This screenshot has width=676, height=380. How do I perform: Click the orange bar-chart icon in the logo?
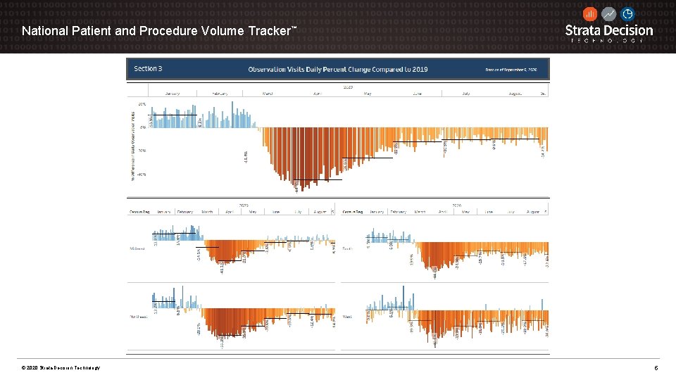(x=590, y=13)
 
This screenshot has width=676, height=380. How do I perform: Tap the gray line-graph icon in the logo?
(x=608, y=13)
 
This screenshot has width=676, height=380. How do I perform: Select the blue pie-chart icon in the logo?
(x=627, y=13)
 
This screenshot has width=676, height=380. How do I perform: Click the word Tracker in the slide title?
(x=268, y=31)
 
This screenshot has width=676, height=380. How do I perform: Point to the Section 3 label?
(x=148, y=69)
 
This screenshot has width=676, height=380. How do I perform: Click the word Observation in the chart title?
(x=269, y=69)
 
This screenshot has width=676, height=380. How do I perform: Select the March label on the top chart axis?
(x=268, y=93)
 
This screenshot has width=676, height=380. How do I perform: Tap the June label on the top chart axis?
(x=418, y=93)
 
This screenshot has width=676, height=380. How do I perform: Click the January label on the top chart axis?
(x=172, y=93)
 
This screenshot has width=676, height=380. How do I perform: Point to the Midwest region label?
(x=138, y=248)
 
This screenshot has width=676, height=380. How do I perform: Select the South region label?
(x=348, y=248)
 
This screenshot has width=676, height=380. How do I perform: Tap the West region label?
(x=348, y=317)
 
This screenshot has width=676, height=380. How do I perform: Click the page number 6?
(x=656, y=368)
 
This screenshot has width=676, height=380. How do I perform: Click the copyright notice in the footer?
(x=61, y=368)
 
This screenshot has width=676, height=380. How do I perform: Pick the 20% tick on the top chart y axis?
(x=142, y=104)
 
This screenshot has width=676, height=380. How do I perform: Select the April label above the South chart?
(x=442, y=211)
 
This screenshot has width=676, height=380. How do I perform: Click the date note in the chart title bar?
(x=511, y=70)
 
